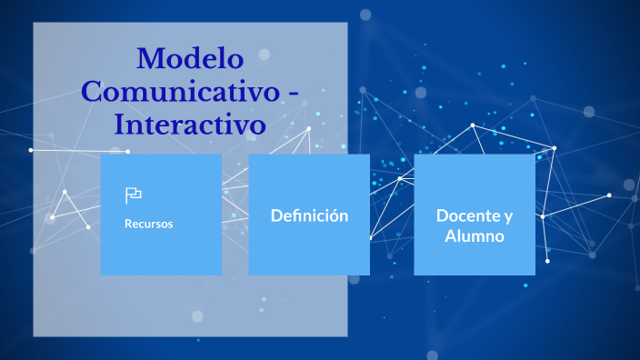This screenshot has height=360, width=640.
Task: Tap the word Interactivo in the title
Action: coord(190,123)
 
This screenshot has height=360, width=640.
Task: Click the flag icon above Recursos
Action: coord(133,195)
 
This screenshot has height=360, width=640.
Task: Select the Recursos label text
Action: coord(148,224)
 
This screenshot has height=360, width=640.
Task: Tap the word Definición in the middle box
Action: coord(309,215)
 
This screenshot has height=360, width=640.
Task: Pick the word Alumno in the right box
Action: coord(475,235)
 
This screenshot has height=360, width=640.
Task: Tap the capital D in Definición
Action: coord(276,215)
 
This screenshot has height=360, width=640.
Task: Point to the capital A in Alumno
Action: coord(450,235)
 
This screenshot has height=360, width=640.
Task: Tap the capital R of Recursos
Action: coord(128,224)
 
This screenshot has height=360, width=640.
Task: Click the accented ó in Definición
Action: coord(333,215)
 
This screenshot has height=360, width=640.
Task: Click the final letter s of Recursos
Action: coord(170,224)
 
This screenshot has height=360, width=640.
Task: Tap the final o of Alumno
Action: coord(499,236)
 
